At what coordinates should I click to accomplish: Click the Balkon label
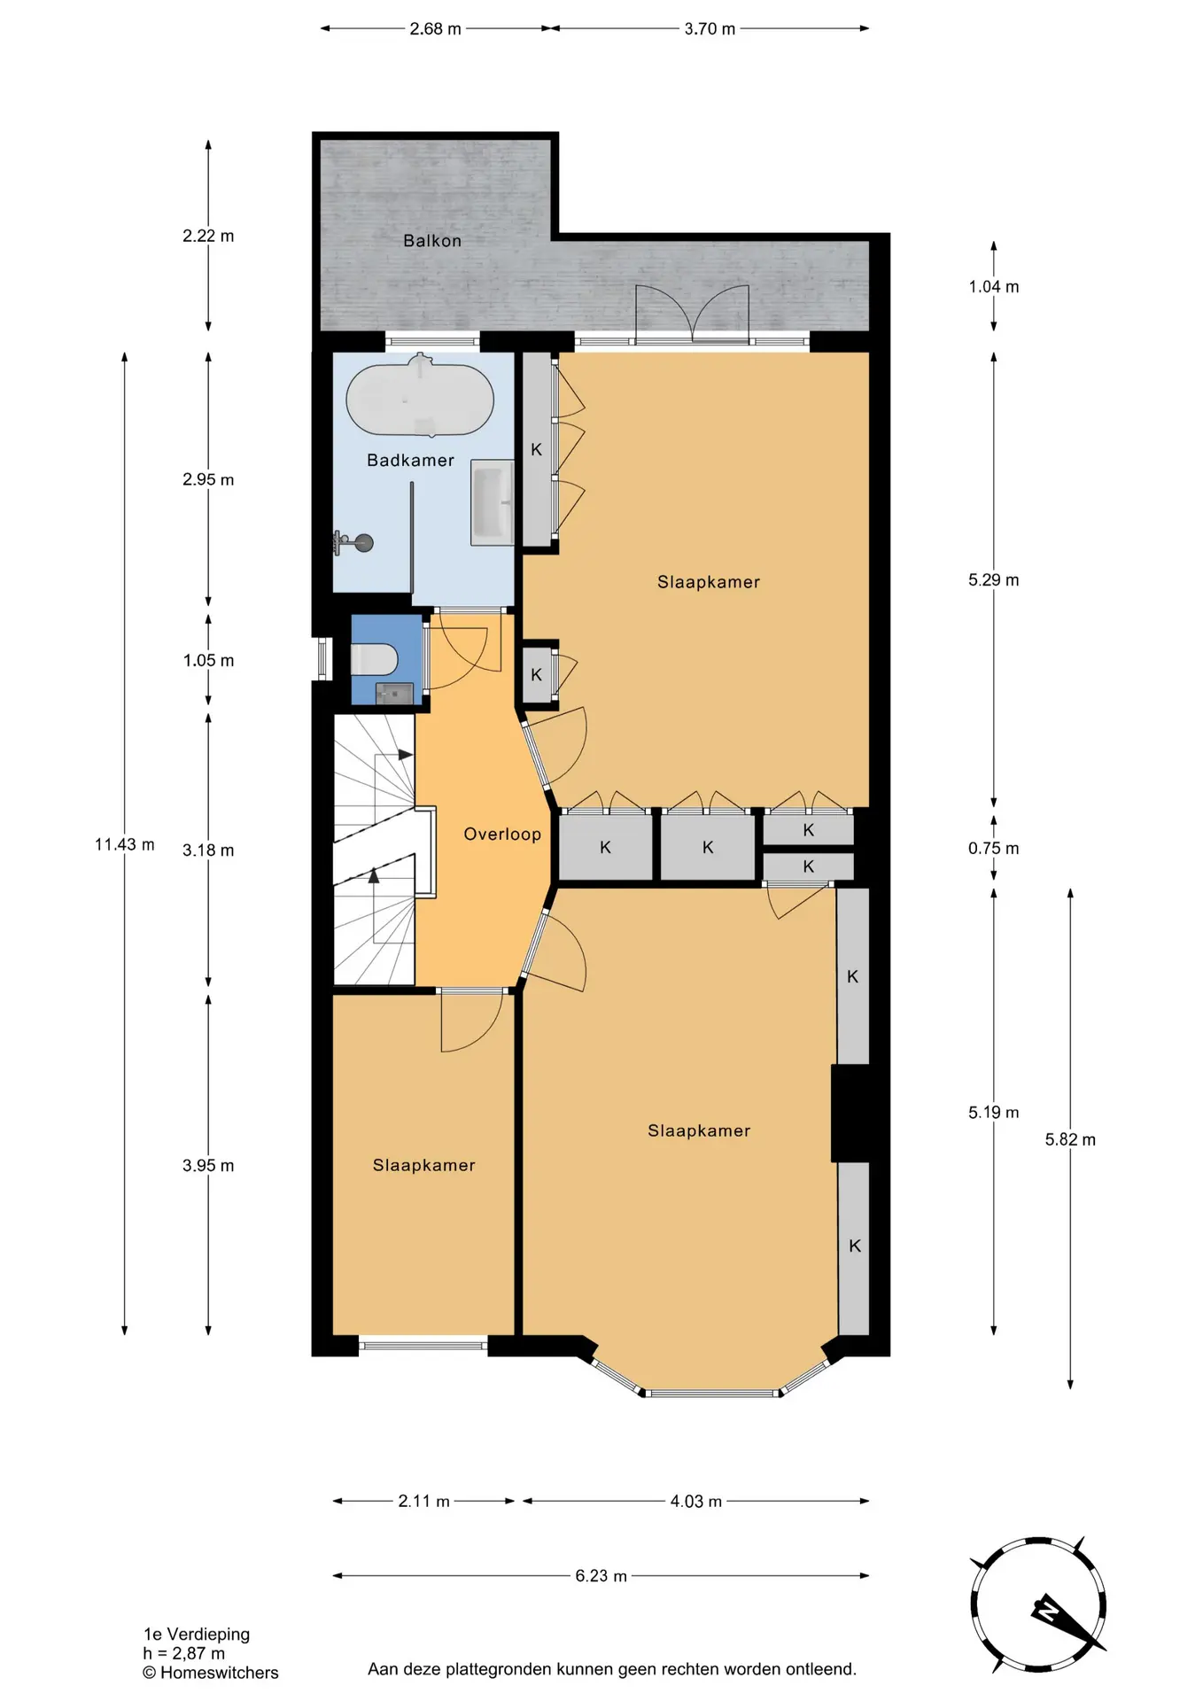pos(432,240)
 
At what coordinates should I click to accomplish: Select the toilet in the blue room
pos(374,659)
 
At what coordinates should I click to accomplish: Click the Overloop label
pos(502,834)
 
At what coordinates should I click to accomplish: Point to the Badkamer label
pos(410,460)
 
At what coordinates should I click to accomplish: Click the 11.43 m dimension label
pos(125,844)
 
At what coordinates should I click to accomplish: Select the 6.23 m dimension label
pos(601,1575)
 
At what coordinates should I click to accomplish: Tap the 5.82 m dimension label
pos(1070,1139)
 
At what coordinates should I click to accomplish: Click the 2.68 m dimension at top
pos(435,29)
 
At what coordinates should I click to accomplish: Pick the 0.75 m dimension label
pos(993,848)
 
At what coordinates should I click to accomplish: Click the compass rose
pos(1038,1604)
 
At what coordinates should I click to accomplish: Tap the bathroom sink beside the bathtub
pos(492,502)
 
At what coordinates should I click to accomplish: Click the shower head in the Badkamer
pos(353,542)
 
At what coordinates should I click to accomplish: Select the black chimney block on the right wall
pos(850,1113)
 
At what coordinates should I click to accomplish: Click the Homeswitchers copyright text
pos(211,1673)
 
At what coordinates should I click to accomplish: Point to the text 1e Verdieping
pos(197,1634)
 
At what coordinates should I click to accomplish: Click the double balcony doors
pos(692,315)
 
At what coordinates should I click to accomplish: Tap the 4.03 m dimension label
pos(696,1501)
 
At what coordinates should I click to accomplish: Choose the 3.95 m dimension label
pos(208,1165)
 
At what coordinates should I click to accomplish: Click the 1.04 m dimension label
pos(993,286)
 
